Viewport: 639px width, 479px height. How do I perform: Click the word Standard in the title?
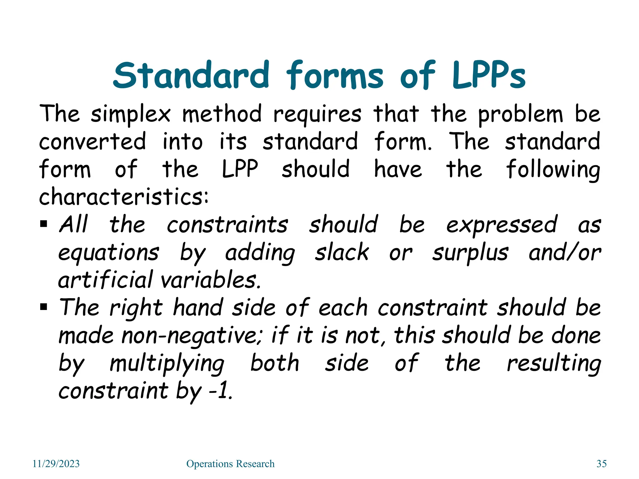point(191,75)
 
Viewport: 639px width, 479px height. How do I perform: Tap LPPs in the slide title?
point(489,75)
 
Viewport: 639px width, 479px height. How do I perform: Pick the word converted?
point(92,141)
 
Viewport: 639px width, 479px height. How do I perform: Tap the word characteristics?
point(124,197)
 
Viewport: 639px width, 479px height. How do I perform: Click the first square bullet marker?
point(44,224)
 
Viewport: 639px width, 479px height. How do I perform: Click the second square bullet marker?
point(44,307)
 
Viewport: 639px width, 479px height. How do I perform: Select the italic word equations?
point(109,253)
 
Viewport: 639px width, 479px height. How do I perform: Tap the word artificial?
point(105,279)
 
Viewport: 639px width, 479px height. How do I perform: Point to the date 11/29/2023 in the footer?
point(56,464)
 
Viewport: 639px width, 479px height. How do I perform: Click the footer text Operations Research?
point(230,464)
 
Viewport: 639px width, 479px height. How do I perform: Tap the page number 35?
point(602,464)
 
